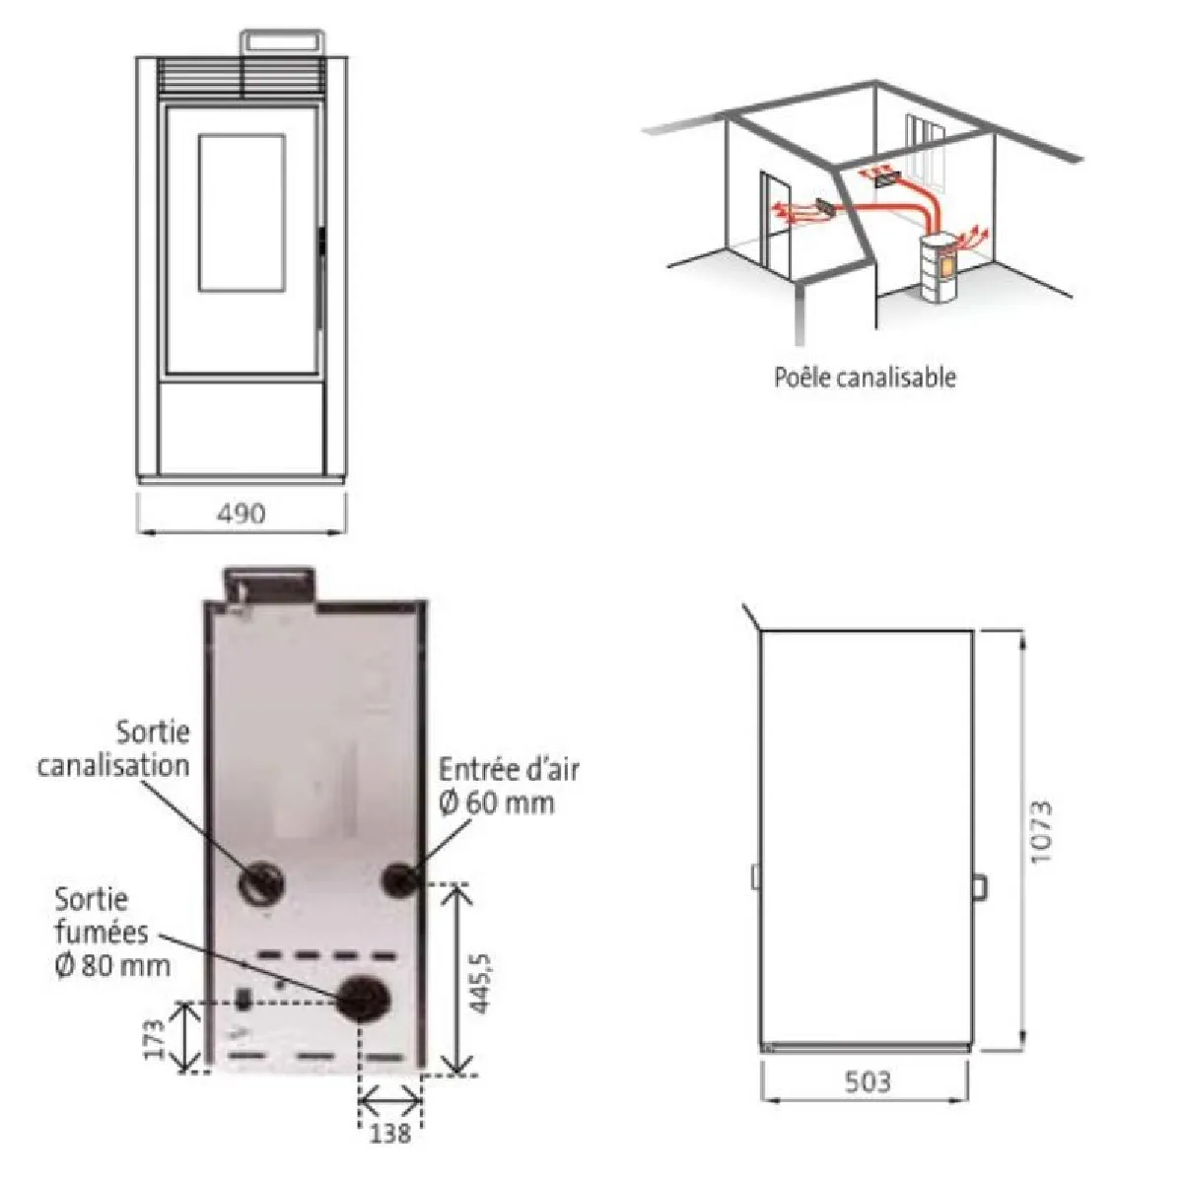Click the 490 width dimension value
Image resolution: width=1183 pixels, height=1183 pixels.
tap(242, 514)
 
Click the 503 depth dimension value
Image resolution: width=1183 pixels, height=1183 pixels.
tap(867, 1081)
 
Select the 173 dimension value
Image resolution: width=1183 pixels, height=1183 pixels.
tap(155, 1039)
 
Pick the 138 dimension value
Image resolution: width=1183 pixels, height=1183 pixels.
tap(389, 1133)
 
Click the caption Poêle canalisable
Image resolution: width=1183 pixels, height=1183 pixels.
tap(865, 377)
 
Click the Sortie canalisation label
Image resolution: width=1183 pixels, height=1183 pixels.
tap(114, 749)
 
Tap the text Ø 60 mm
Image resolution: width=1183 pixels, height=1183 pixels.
tap(497, 802)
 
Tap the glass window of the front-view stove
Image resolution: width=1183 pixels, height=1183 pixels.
tap(242, 212)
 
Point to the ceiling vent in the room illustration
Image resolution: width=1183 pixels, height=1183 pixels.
tap(886, 180)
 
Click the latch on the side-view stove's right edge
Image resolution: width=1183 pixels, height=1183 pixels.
tap(979, 887)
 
